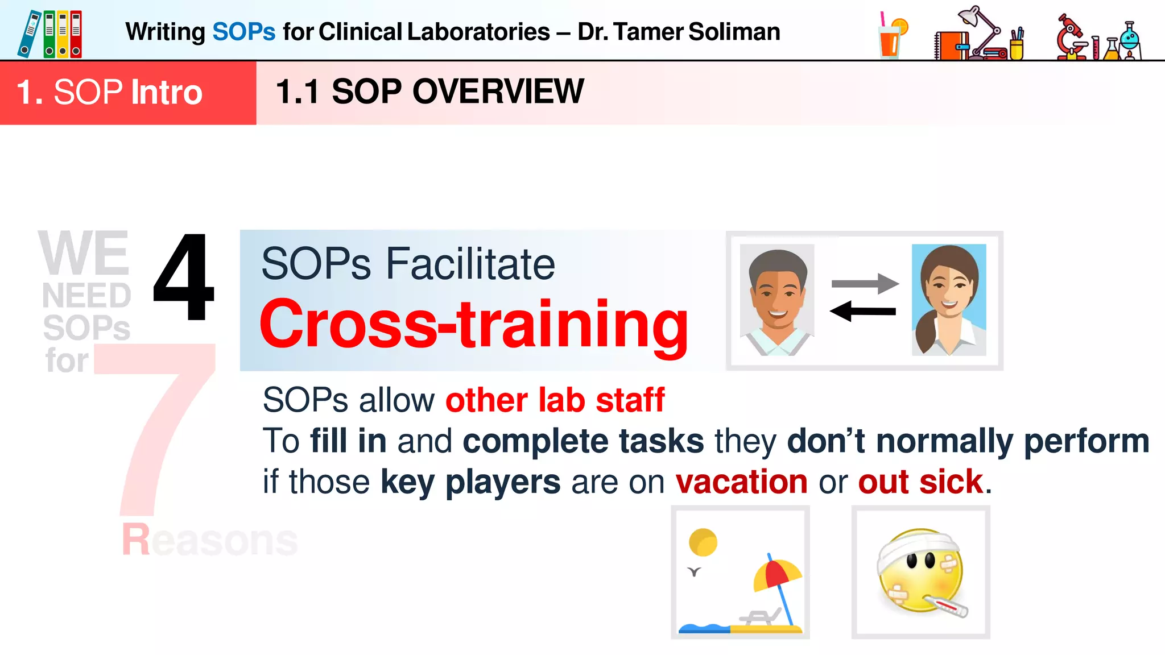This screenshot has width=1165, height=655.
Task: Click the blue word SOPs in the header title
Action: coord(243,32)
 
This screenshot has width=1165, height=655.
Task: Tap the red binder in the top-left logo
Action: coord(76,34)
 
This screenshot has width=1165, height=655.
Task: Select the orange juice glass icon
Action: coord(891,37)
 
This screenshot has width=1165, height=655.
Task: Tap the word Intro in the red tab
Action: coord(167,93)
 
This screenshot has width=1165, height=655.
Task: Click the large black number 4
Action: coord(184,279)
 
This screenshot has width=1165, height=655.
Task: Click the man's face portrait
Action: coord(777,300)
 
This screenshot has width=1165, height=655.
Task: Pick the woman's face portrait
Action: coord(949,300)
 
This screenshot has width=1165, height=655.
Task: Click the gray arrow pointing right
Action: coord(865,283)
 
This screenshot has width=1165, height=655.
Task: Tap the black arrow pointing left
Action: coord(862,311)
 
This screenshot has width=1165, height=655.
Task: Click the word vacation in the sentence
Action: coord(741,482)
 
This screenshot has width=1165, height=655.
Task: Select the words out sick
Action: coord(920,482)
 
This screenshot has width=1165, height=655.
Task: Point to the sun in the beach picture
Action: coord(703,542)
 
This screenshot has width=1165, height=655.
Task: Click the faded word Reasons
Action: coord(209,540)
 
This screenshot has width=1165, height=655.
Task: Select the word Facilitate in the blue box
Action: coord(470,264)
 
